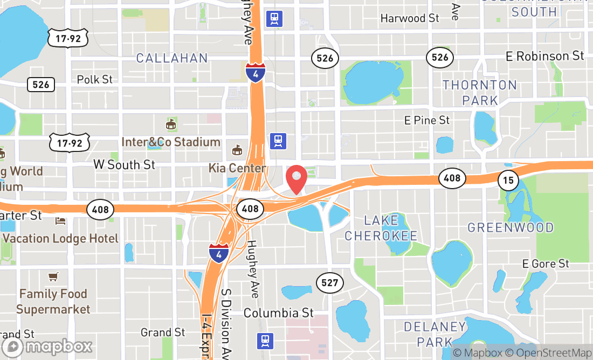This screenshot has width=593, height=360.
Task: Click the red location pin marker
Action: click(296, 179)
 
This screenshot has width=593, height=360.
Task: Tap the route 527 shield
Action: click(329, 282)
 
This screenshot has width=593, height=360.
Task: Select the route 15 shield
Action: click(508, 179)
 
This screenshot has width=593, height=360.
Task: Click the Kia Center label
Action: click(237, 168)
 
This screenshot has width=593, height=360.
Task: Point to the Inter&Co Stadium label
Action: click(171, 142)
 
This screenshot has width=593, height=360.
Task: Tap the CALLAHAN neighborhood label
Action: click(172, 58)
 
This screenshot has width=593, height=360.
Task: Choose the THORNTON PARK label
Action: click(480, 93)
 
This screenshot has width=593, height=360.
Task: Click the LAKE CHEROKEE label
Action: click(381, 228)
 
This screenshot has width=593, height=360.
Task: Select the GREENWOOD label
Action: click(511, 227)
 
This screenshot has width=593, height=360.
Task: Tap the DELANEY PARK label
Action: click(435, 334)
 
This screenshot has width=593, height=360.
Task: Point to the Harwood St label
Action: click(410, 18)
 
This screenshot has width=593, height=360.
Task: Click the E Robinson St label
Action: click(544, 56)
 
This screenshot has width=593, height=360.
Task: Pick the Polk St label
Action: click(95, 79)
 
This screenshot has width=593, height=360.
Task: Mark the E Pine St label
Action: click(427, 120)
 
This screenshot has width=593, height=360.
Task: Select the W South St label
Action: click(125, 164)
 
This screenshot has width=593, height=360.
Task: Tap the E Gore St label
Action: click(546, 264)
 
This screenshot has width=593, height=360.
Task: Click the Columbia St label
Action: click(278, 313)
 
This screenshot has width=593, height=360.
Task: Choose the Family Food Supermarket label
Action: click(53, 301)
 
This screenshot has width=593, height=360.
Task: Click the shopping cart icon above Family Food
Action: click(53, 277)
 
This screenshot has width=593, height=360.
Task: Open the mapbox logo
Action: click(47, 346)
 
